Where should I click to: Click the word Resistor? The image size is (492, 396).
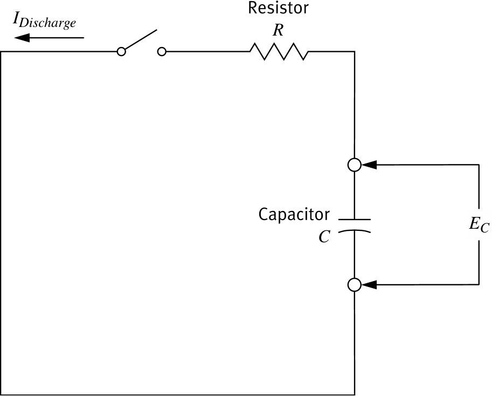(x=278, y=9)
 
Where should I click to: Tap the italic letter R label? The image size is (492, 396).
(x=278, y=30)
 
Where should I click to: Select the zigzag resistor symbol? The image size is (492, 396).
(x=279, y=52)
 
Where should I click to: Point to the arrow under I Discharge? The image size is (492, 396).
(x=48, y=38)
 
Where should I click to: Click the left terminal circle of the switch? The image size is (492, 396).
(x=122, y=52)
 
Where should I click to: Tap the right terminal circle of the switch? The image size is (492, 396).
(x=162, y=52)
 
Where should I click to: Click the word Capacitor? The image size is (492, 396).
(x=294, y=215)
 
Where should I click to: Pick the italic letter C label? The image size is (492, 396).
(x=324, y=237)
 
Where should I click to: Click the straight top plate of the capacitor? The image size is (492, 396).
(x=354, y=220)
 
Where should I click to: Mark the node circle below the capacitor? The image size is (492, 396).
(x=354, y=285)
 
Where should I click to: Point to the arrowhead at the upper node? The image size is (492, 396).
(x=369, y=165)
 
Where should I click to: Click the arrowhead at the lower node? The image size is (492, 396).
(x=369, y=285)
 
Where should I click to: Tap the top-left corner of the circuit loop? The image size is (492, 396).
(x=2, y=52)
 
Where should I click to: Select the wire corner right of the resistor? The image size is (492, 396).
(x=354, y=52)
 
